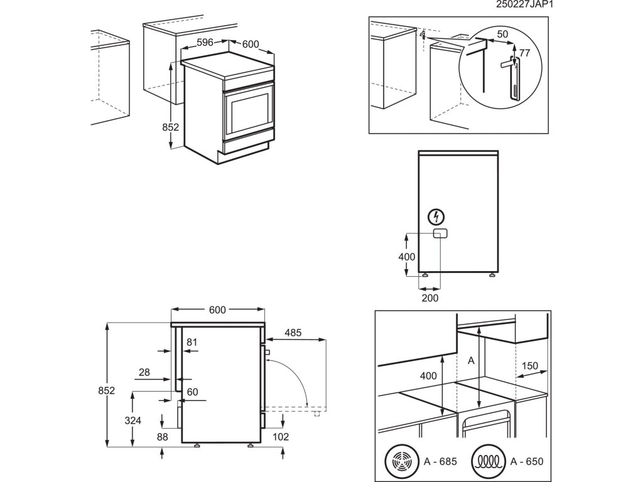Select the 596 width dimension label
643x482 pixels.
click(x=206, y=43)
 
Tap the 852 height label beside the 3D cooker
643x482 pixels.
click(x=171, y=127)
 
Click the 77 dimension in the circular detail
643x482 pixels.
click(x=526, y=53)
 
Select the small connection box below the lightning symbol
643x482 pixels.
click(x=439, y=234)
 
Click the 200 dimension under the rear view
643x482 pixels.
click(x=430, y=298)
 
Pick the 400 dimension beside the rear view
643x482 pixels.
click(x=407, y=257)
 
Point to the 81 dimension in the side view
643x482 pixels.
click(x=192, y=343)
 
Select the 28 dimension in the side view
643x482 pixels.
click(x=144, y=372)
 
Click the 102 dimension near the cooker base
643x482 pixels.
click(x=281, y=437)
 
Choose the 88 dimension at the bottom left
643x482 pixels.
click(x=163, y=437)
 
